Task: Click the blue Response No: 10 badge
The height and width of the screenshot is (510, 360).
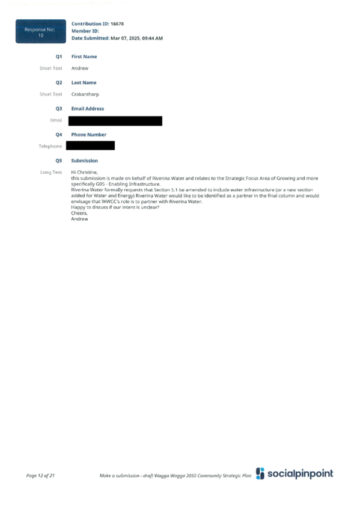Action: [41, 31]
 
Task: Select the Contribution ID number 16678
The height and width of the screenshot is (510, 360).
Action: [117, 23]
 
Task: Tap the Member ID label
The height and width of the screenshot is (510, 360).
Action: [85, 31]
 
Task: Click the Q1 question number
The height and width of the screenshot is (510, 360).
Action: [58, 57]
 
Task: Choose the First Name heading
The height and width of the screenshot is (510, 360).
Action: [84, 57]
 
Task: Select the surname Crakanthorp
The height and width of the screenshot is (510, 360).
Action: [85, 94]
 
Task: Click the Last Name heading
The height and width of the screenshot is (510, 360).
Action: [84, 82]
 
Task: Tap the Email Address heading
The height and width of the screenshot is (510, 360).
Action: [88, 109]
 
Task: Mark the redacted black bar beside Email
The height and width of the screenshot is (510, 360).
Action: [115, 121]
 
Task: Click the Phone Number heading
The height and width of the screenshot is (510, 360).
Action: [89, 135]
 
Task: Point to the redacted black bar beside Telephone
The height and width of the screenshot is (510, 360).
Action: [90, 146]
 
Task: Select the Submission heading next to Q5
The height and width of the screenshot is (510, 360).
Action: [85, 161]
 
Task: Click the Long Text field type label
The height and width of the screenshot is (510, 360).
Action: [51, 173]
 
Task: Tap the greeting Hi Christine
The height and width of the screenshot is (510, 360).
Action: [84, 173]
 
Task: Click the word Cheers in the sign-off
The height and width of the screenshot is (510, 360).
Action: [79, 213]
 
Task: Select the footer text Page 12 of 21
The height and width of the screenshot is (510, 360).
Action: [40, 476]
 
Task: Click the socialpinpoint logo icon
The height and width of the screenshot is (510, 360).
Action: [260, 473]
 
